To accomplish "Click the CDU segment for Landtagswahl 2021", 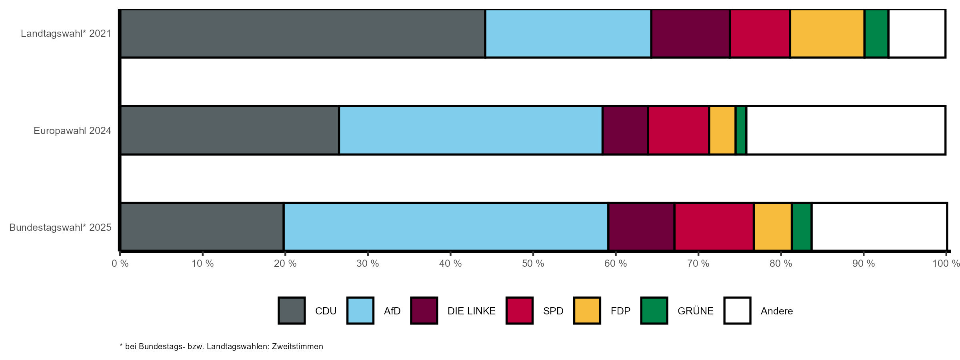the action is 303,34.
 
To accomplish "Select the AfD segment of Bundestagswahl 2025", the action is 446,227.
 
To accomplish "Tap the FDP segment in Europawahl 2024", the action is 722,130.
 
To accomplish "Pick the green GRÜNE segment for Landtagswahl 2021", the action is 876,34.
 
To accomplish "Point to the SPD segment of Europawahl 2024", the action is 679,130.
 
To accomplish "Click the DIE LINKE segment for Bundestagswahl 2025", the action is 642,227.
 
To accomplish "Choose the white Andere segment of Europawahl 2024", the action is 846,130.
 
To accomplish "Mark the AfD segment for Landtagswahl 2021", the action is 568,34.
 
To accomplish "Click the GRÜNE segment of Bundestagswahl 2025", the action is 802,227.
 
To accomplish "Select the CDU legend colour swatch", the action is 292,310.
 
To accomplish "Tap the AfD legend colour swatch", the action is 360,310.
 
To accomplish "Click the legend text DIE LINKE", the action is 471,311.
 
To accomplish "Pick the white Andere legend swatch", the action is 737,310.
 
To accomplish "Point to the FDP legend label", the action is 620,311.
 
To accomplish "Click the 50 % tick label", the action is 533,264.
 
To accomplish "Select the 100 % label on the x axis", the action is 946,264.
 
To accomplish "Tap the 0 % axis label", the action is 120,264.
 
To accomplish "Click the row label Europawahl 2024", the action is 72,131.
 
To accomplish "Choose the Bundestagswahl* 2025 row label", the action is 60,228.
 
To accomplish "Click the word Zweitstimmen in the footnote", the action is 298,346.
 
